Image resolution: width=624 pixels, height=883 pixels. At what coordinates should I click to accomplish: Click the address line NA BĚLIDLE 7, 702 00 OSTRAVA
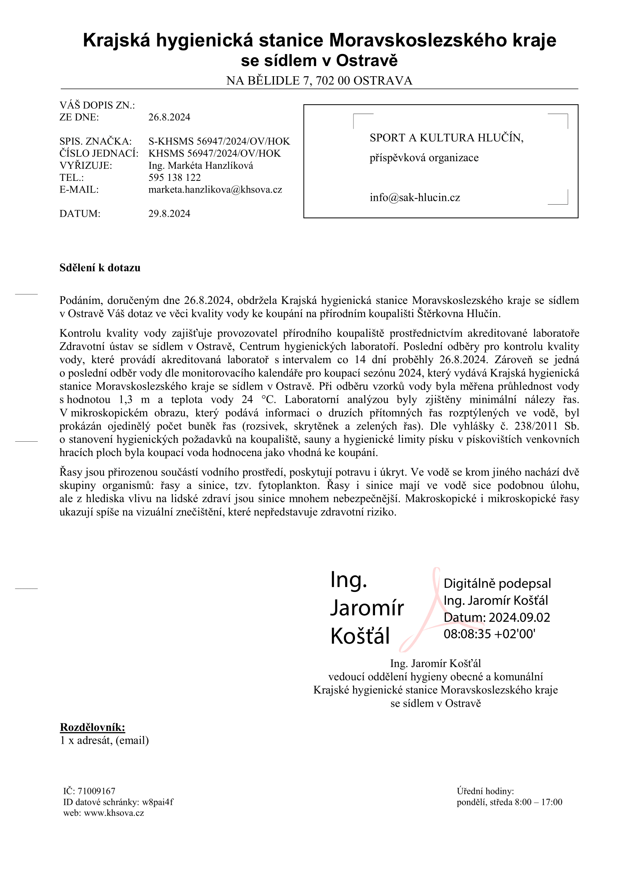tap(319, 81)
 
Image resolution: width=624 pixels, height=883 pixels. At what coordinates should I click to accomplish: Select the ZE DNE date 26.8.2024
tap(169, 117)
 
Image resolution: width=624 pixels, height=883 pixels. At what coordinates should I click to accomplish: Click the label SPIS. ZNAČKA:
tap(95, 141)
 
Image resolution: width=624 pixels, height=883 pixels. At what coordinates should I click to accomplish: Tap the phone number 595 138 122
tap(174, 177)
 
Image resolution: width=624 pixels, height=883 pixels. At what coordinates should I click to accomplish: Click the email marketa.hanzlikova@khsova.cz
tap(215, 190)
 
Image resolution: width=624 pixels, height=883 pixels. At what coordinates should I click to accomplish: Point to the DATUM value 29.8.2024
tap(169, 214)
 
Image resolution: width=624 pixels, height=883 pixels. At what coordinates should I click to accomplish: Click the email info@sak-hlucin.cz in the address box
tap(415, 198)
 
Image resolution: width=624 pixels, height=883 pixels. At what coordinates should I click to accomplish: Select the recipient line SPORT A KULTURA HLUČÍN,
tap(446, 138)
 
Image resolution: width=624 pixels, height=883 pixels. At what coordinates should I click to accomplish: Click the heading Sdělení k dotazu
tap(100, 268)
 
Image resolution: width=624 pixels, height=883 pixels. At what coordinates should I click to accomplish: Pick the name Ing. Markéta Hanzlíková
tap(201, 165)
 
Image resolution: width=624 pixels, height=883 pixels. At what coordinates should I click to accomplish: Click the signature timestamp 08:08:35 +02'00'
tap(489, 634)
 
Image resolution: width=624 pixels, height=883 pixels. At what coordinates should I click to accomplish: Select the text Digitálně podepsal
tap(497, 583)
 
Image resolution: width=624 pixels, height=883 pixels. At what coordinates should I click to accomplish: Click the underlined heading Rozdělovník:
tap(92, 727)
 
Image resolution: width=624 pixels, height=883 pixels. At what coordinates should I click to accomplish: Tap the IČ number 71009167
tap(97, 791)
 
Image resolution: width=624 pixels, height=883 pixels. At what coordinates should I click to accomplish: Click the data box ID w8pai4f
tap(158, 802)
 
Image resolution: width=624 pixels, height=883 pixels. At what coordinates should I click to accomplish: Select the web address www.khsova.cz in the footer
tap(114, 813)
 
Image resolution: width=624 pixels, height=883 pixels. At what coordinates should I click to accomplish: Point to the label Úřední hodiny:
tap(485, 791)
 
